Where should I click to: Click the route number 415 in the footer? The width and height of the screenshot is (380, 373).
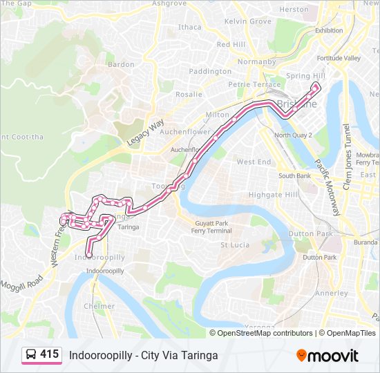[x=49, y=354]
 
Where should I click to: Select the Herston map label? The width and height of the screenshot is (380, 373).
[x=294, y=10]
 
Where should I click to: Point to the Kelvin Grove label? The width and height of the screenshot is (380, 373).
[x=248, y=21]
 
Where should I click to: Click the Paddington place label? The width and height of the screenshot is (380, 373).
[x=210, y=71]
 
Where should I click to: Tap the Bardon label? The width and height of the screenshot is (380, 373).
[x=121, y=64]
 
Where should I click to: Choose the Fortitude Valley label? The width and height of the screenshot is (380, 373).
[x=339, y=58]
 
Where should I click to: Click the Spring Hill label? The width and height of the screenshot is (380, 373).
[x=301, y=76]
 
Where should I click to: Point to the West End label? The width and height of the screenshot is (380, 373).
[x=254, y=162]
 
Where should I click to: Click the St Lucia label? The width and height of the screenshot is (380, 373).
[x=234, y=245]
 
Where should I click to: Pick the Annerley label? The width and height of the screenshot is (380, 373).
[x=332, y=293]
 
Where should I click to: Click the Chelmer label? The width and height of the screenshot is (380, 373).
[x=99, y=306]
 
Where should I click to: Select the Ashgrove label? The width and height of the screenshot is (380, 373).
[x=169, y=3]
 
